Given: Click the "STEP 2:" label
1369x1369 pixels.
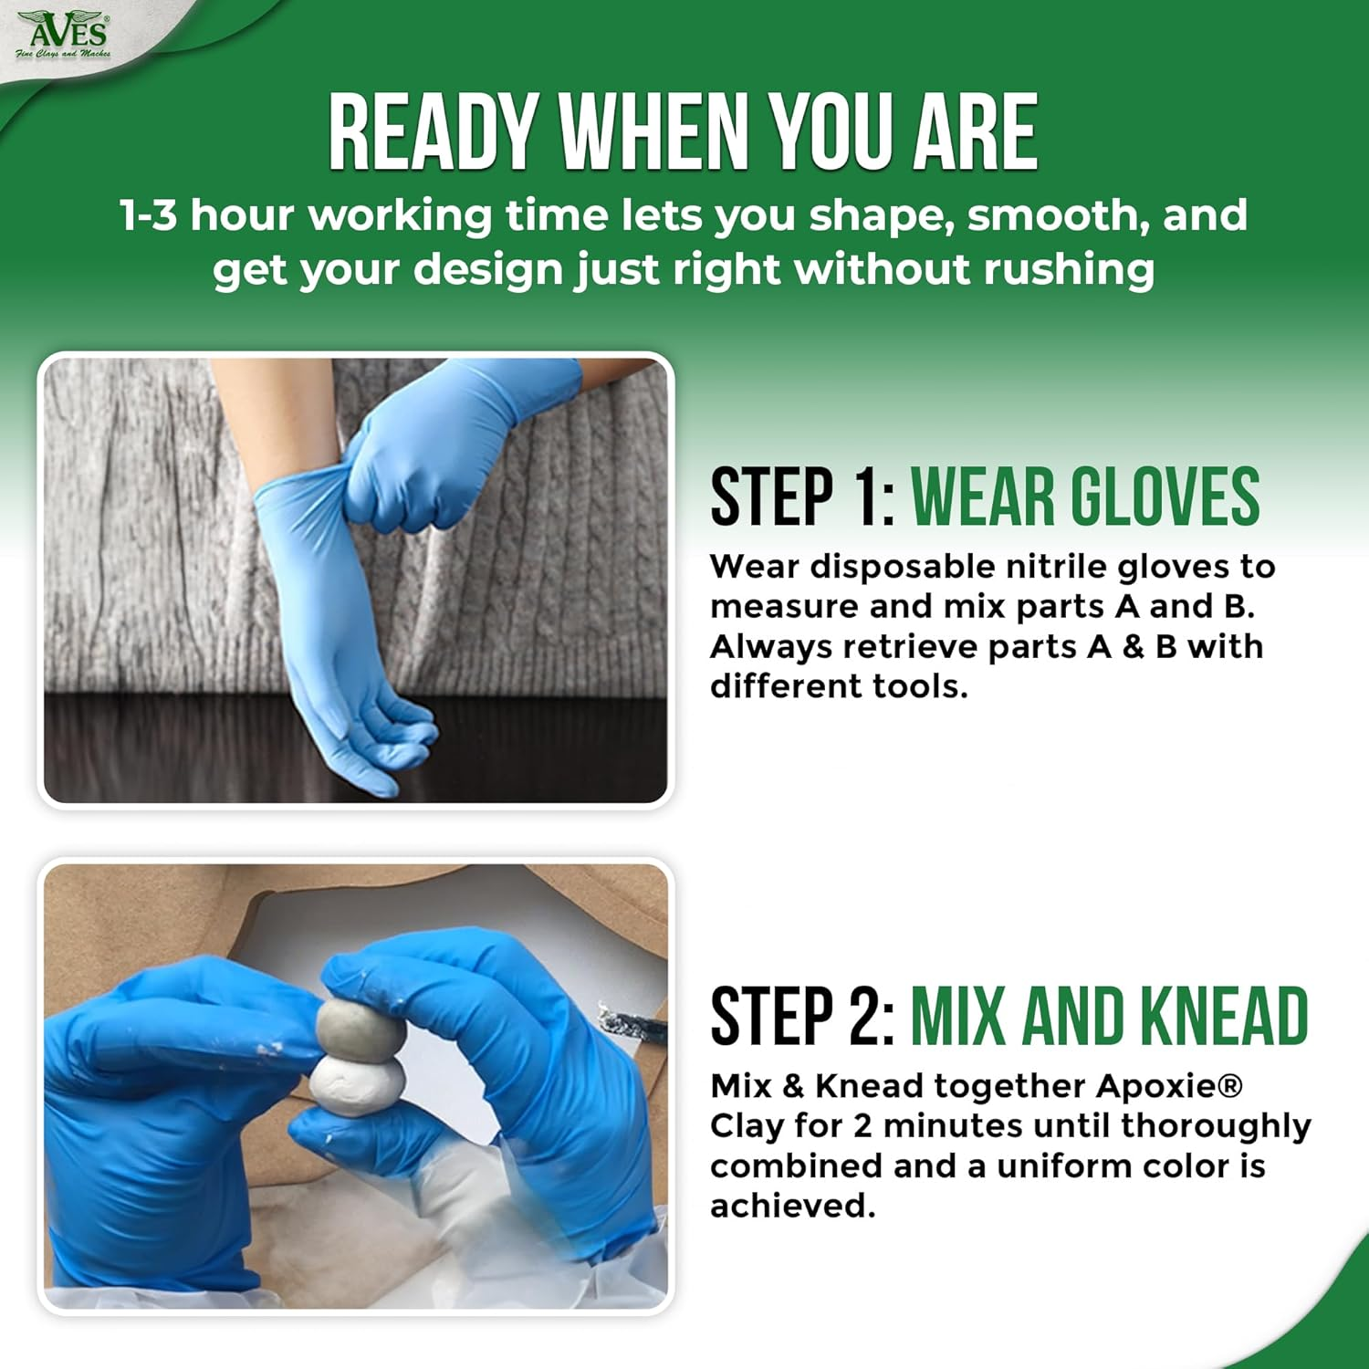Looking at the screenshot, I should coord(802,1016).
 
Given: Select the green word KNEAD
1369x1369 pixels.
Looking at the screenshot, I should coord(1224,1016).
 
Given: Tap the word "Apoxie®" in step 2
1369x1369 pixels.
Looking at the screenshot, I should coord(1169,1086).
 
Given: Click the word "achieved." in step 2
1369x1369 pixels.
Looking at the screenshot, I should coord(792,1207).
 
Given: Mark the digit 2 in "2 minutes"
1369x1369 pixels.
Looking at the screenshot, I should coord(862,1126).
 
